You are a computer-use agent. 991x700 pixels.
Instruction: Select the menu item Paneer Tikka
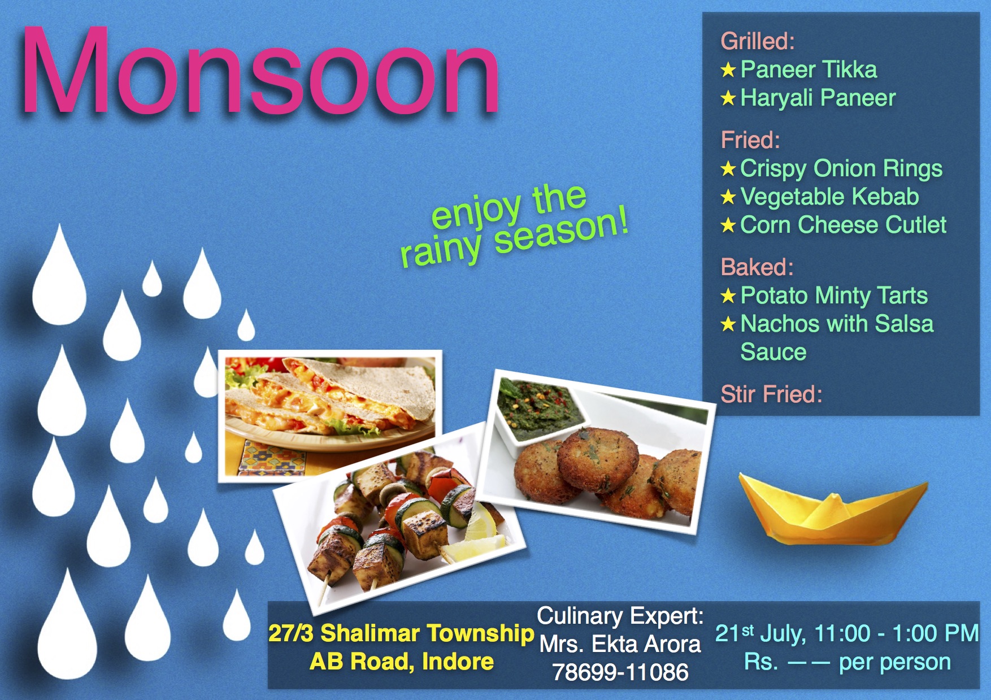coord(809,69)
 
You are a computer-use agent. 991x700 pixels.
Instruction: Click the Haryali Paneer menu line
coord(818,98)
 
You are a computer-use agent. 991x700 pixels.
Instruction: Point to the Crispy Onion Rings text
coord(841,168)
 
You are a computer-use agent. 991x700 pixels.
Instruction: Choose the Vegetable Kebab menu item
coord(829,197)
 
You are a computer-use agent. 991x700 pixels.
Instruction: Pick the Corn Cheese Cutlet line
coord(843,225)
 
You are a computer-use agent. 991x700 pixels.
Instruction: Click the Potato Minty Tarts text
coord(834,295)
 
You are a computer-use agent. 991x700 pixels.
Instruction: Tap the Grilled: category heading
coord(758,41)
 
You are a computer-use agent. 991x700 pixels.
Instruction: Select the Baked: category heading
coord(757,267)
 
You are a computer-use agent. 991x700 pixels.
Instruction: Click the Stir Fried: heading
coord(771,394)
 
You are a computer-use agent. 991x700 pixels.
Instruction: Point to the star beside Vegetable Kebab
coord(728,197)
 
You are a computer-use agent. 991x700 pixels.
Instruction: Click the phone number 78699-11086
coord(620,672)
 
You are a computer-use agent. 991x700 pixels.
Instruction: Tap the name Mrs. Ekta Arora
coord(620,644)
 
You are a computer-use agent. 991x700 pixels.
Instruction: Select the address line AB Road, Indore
coord(401,662)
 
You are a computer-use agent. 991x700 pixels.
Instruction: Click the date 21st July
coord(760,633)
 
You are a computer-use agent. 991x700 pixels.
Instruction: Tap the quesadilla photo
coord(330,416)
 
